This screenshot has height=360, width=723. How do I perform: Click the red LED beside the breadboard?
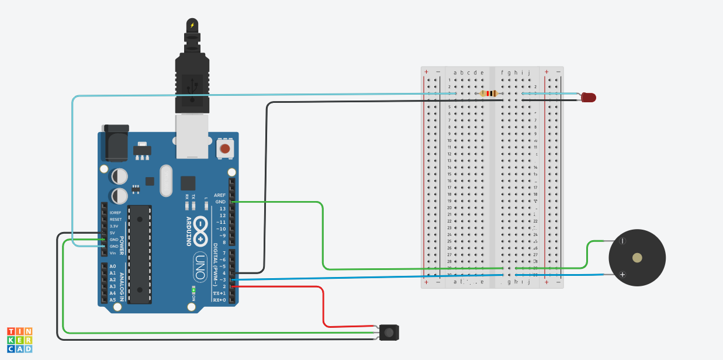pos(589,98)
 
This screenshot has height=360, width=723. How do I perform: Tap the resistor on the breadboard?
pos(489,94)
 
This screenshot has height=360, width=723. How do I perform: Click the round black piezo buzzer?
pos(637,258)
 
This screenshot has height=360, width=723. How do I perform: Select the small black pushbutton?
pos(389,333)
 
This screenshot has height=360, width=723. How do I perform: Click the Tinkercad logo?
pos(20,340)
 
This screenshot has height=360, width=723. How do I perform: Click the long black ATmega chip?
pos(140,254)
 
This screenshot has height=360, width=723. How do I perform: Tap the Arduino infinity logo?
pos(200,233)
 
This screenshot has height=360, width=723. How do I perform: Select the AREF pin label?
pos(220,195)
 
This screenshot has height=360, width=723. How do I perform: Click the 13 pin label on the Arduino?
pos(222,209)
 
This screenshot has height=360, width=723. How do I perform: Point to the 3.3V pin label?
pos(114,226)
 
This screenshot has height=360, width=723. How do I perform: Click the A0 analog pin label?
pos(113,266)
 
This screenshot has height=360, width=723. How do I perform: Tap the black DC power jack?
pos(115,143)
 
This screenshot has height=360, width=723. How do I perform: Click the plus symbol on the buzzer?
pos(622,274)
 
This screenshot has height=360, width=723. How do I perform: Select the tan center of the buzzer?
pos(637,258)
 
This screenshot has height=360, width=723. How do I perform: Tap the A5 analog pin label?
pos(113,300)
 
